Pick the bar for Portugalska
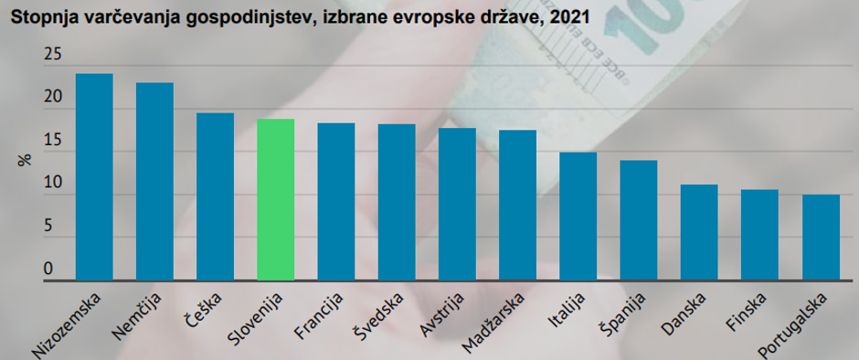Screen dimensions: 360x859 pyautogui.click(x=821, y=237)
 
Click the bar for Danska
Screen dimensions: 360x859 pyautogui.click(x=699, y=232)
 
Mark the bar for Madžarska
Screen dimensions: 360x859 pyautogui.click(x=517, y=205)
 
